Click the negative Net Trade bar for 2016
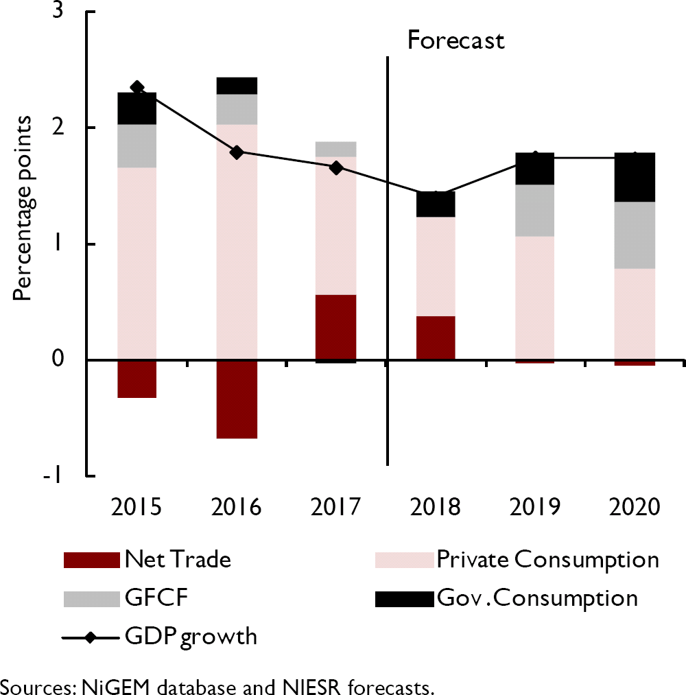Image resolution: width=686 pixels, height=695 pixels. click(237, 399)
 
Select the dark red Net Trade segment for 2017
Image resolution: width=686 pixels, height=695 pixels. click(336, 327)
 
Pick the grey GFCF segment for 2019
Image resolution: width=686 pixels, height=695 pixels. click(535, 211)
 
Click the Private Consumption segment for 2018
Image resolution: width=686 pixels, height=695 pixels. click(436, 267)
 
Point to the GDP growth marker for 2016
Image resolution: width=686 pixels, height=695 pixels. click(237, 152)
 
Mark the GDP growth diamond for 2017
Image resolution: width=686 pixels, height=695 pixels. click(336, 168)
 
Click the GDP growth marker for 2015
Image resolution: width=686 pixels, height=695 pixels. click(137, 87)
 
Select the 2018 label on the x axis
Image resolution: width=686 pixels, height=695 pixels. click(436, 508)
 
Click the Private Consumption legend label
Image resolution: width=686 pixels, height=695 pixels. click(547, 560)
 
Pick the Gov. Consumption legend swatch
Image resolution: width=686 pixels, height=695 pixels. click(404, 599)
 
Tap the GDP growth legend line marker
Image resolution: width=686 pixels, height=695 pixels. click(91, 637)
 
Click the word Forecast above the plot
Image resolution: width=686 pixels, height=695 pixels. click(456, 40)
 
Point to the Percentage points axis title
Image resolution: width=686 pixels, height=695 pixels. click(24, 208)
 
